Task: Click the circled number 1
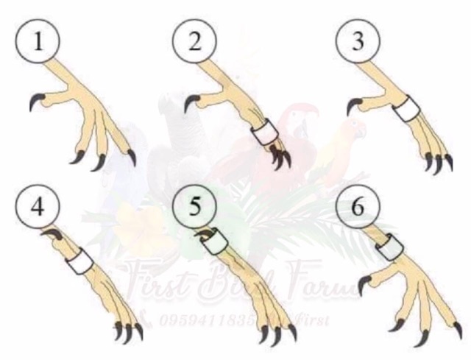[35, 40]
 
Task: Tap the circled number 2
[194, 40]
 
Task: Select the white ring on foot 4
[79, 258]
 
